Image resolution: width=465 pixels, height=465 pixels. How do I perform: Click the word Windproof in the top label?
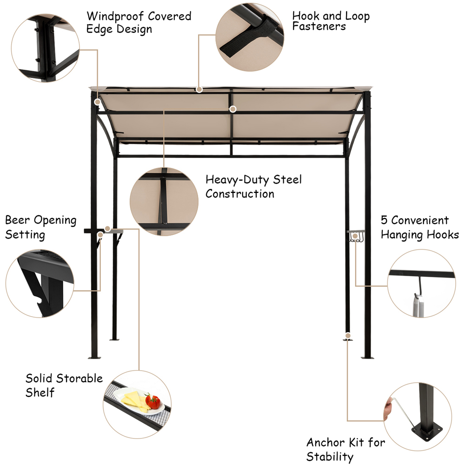tap(115, 16)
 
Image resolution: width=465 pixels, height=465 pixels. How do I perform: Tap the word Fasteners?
tap(319, 27)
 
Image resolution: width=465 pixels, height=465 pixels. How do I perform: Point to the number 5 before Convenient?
tap(384, 220)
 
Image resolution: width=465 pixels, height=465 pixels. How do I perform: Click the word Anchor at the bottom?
tap(327, 443)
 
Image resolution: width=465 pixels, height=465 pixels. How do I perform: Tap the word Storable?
tap(79, 379)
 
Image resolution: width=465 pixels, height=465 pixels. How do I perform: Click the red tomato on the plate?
tap(153, 402)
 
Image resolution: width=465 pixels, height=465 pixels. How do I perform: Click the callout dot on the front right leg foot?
tap(348, 336)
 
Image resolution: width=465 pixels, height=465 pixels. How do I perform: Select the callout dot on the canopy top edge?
tap(199, 89)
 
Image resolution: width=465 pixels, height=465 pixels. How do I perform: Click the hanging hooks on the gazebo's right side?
tap(355, 237)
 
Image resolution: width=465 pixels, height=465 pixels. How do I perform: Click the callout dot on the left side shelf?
tap(108, 229)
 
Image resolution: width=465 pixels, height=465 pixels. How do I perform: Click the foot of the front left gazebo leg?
tap(94, 357)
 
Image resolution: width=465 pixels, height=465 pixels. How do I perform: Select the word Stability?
tap(330, 457)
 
